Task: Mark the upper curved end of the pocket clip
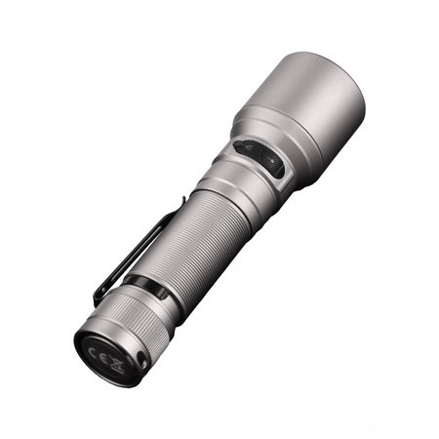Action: [180, 202]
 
